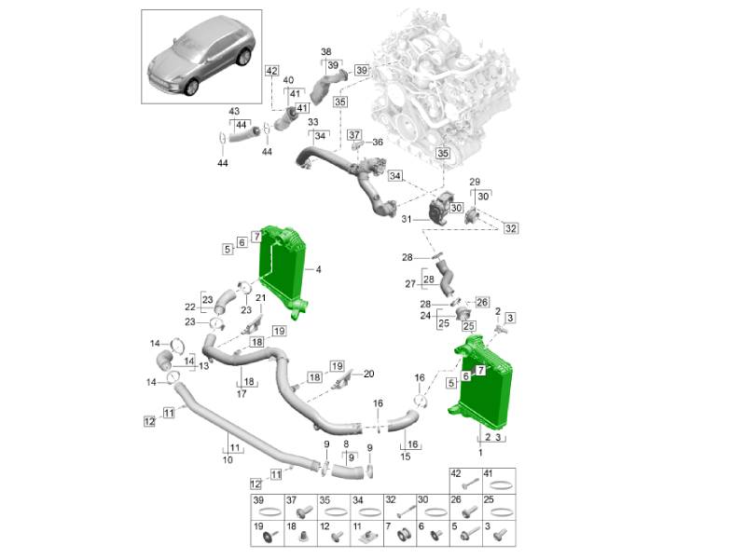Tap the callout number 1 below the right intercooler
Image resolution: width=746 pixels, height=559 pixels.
click(x=481, y=451)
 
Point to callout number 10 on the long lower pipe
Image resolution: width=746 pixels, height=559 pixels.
click(x=227, y=460)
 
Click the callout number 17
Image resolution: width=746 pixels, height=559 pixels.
click(x=242, y=394)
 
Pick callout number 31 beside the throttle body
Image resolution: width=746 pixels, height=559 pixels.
click(x=407, y=220)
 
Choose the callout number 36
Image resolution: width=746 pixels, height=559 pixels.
click(x=378, y=143)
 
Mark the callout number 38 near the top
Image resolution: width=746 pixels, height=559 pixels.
click(x=326, y=51)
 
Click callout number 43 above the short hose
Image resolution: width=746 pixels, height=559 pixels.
click(x=234, y=112)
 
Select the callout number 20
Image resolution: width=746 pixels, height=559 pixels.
click(x=368, y=374)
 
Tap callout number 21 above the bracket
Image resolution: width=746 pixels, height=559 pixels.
click(x=261, y=297)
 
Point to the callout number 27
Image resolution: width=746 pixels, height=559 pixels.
click(x=409, y=283)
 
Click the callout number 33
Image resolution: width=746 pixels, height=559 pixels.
click(x=313, y=122)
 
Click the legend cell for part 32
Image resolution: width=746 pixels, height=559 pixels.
click(x=400, y=507)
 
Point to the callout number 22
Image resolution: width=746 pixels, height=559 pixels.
click(x=189, y=307)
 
